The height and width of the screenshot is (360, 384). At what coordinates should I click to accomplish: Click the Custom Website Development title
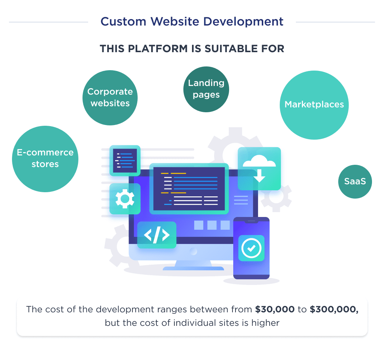pos(192,22)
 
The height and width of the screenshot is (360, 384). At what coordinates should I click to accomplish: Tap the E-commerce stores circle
pos(45,158)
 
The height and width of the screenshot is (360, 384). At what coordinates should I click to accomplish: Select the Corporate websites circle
pos(110,98)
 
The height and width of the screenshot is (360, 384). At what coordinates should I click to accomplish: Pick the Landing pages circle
pos(206,89)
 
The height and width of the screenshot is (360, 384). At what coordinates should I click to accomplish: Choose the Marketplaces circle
pos(314,104)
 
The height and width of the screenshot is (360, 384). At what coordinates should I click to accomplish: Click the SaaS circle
pos(355,182)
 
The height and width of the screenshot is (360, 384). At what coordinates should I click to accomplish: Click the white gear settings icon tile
pos(125,199)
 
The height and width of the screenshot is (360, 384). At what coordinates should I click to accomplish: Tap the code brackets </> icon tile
pos(157,235)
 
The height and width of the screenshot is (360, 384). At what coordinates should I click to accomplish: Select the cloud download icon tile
pos(259,169)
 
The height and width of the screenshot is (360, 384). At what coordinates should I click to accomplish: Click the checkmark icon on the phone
pos(251,248)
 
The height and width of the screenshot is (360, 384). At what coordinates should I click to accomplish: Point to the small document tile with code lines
pos(125,160)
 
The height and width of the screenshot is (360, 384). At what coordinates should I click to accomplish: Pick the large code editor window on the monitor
pos(189,188)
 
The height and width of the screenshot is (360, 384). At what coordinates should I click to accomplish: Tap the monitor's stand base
pos(199,268)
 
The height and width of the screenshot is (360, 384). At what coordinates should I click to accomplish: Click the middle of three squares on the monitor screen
pos(212,225)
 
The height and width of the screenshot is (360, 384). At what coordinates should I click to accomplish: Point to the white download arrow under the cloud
pos(259,175)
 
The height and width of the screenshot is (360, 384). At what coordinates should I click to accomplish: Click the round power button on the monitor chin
pos(193,251)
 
